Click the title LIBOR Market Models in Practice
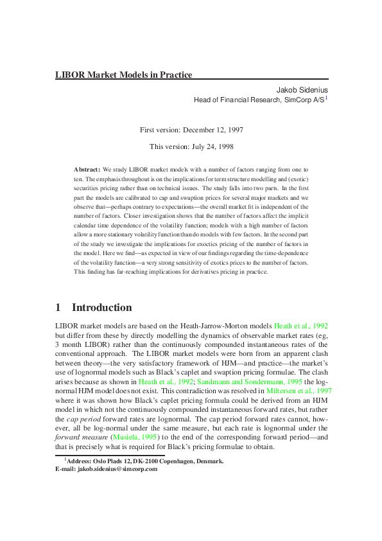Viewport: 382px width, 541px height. pyautogui.click(x=123, y=75)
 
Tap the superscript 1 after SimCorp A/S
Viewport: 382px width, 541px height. pyautogui.click(x=326, y=98)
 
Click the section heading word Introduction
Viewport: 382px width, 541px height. pyautogui.click(x=102, y=307)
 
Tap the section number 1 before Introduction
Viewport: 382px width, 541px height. pyautogui.click(x=58, y=307)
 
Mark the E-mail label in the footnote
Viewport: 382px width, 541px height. pyautogui.click(x=65, y=469)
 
